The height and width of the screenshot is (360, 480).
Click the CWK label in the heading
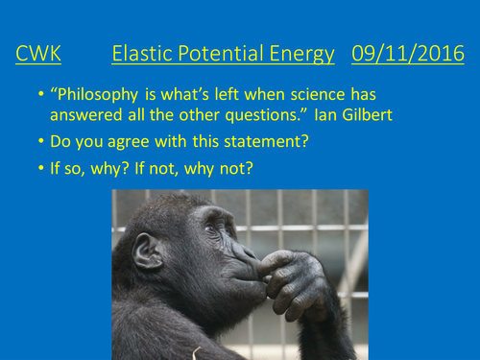38,54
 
